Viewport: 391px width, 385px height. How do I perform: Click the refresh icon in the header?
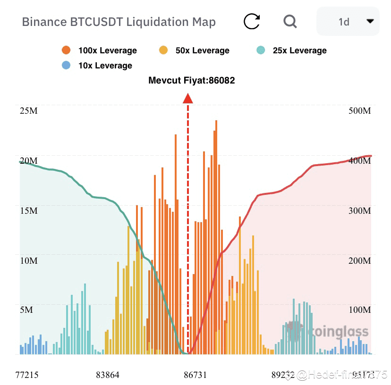pos(252,21)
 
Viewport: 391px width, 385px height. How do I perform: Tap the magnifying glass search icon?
pos(289,21)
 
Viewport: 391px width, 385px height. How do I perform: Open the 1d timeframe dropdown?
pos(348,22)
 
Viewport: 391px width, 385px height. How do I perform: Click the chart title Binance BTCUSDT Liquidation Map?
pos(119,22)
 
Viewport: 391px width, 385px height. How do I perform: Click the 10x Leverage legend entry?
pos(97,66)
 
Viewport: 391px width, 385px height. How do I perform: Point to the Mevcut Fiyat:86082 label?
pos(192,81)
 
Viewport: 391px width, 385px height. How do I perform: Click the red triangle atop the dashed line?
pos(188,98)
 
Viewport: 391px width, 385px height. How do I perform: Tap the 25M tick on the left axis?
pos(28,111)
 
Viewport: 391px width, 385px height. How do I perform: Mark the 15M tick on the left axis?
pos(28,210)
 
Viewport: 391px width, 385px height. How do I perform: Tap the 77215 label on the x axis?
pos(27,375)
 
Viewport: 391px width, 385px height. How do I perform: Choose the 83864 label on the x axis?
pos(108,375)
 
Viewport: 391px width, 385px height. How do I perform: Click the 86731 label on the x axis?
pos(195,375)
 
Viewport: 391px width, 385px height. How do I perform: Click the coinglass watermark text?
pos(333,332)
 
